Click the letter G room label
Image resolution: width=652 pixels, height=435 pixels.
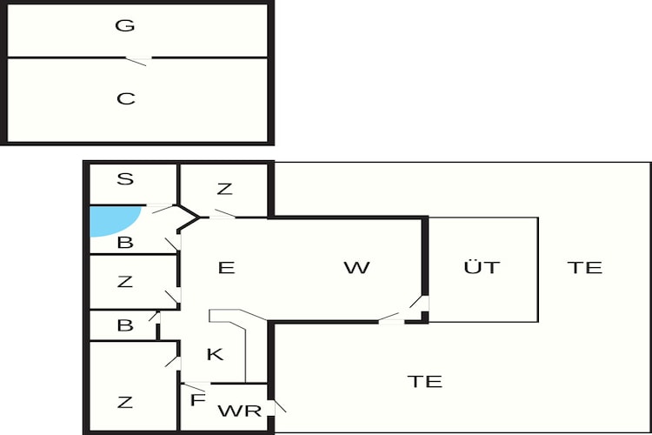(124, 25)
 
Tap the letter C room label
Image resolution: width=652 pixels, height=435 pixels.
(125, 98)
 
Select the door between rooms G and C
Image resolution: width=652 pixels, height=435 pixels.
(138, 61)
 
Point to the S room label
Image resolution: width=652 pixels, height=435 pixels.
(125, 178)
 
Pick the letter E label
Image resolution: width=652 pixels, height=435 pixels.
(226, 267)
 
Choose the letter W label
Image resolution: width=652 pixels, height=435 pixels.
(356, 267)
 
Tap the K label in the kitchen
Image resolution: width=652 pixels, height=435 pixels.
(215, 354)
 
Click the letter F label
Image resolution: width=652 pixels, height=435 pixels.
(198, 400)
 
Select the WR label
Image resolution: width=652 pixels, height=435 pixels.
(240, 411)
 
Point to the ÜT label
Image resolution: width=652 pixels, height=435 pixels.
(482, 266)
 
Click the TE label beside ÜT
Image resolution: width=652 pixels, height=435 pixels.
(585, 267)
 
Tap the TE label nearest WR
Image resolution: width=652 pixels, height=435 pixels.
(424, 381)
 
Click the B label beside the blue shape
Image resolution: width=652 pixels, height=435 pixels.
(125, 242)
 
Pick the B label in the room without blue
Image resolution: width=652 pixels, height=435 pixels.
(125, 325)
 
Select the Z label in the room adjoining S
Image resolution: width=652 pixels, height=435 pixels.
(224, 189)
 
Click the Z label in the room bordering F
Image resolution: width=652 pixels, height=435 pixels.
(125, 402)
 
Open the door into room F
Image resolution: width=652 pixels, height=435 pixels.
(195, 386)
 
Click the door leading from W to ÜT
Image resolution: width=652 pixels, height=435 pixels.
(418, 303)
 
